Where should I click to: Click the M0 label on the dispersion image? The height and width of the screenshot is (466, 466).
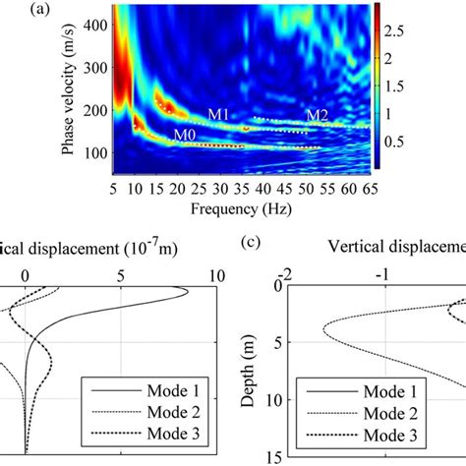[185, 135]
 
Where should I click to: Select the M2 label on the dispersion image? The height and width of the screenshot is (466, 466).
[316, 115]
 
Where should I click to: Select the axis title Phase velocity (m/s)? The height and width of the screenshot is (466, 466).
[66, 93]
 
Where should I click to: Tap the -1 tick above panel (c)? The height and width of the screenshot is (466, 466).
[375, 272]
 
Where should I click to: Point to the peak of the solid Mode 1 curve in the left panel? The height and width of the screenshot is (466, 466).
[187, 290]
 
